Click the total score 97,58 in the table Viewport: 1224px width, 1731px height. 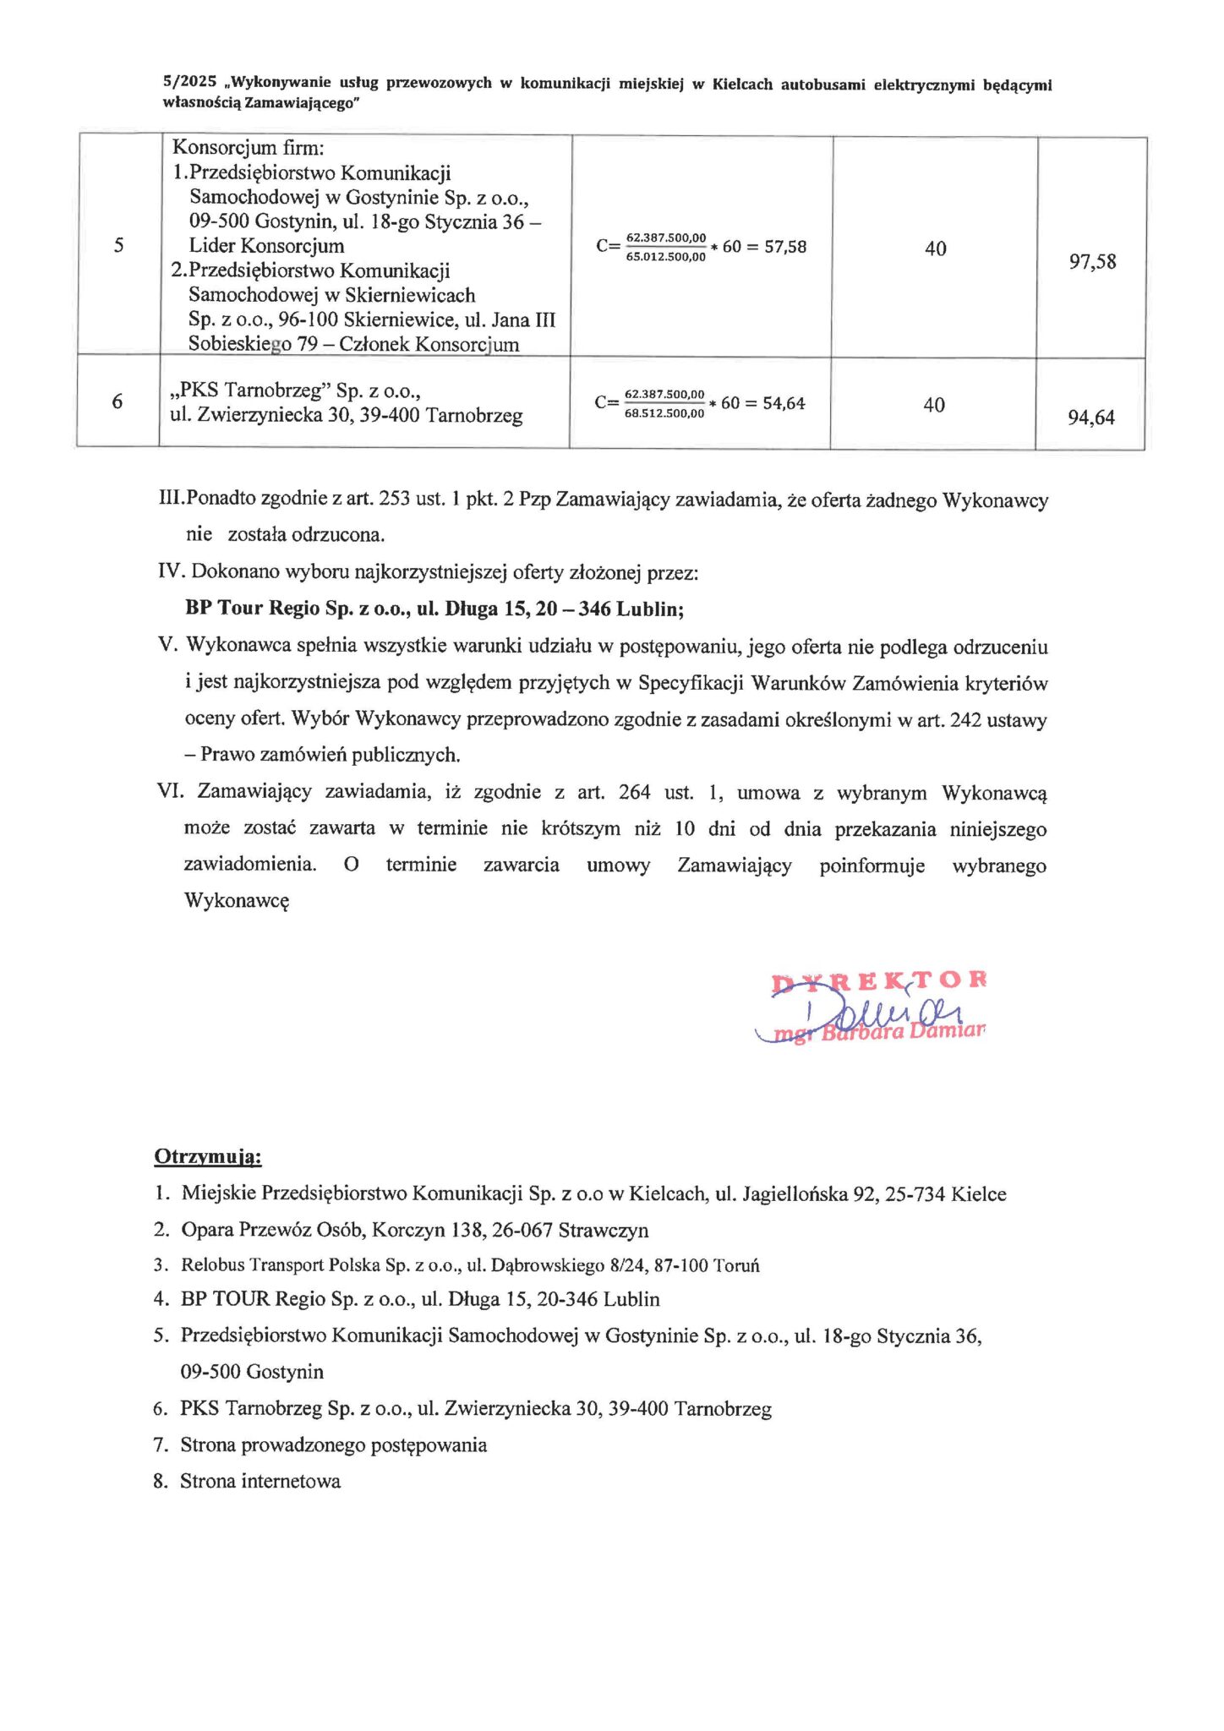coord(1092,262)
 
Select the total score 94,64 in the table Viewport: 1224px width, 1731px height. coord(1090,418)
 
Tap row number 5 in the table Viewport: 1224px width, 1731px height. coord(118,246)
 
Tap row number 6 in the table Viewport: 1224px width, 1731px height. coord(117,401)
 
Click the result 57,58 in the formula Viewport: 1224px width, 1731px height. coord(785,247)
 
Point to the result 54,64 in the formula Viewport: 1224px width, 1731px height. coord(784,403)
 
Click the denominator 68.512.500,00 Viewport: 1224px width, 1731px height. coord(664,413)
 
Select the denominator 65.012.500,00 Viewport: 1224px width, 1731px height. coord(665,257)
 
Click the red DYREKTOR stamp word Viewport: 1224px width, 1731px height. coord(879,980)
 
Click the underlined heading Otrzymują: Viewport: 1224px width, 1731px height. coord(208,1156)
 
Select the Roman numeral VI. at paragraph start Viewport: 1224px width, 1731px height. coord(171,792)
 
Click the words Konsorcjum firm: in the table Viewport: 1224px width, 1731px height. coord(248,149)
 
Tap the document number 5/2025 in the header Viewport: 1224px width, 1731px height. coord(189,83)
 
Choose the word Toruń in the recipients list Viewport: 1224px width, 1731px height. coord(736,1265)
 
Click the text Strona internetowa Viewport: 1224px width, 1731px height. coord(260,1481)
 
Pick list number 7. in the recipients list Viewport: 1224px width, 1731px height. coord(161,1444)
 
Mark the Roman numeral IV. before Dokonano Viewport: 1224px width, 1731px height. coord(171,571)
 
